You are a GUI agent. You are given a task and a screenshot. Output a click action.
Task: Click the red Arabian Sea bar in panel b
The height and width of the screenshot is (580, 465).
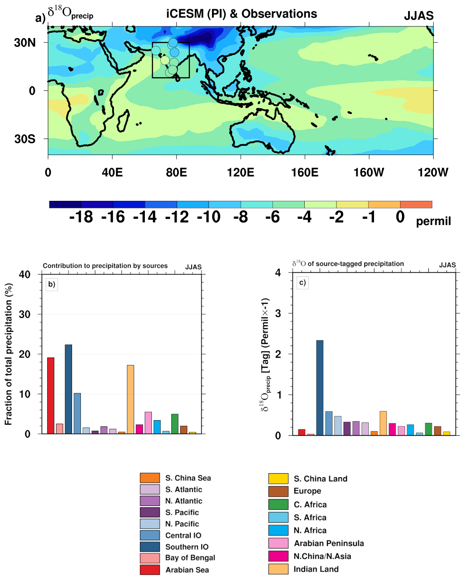point(51,395)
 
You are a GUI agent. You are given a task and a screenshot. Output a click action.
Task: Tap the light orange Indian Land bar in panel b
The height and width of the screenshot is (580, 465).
point(130,399)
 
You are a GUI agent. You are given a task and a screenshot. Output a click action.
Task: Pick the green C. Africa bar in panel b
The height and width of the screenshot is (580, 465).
point(175,424)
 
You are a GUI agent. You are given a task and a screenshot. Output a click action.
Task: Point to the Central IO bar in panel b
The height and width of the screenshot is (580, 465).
point(77,413)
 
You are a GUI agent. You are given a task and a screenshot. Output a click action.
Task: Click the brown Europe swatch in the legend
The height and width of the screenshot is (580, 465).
point(278,491)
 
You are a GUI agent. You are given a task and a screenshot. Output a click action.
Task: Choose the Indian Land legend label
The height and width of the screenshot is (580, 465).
point(316,569)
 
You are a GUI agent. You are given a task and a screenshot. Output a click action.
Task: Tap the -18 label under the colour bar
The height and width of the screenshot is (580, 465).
point(81,217)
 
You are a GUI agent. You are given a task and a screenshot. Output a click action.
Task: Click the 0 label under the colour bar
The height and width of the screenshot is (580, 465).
point(400,217)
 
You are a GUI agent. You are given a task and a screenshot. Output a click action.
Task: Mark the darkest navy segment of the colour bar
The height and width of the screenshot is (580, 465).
point(65,204)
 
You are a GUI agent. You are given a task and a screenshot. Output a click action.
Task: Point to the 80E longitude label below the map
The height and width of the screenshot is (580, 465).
point(176,172)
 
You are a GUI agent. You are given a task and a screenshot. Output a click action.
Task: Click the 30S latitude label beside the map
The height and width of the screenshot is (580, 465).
point(25,139)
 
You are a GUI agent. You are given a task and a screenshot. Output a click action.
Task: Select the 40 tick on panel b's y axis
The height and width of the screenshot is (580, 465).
point(25,275)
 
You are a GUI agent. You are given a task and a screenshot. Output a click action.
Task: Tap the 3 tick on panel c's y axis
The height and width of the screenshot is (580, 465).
point(278,313)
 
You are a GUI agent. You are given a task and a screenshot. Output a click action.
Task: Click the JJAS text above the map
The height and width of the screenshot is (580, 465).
point(419,16)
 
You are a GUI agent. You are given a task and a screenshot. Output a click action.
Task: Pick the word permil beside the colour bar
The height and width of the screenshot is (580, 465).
point(433,221)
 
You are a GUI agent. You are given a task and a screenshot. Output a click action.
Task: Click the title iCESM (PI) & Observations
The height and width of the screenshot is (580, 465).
point(242,14)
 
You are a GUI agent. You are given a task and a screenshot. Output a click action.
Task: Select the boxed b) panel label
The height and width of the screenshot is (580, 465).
point(52,284)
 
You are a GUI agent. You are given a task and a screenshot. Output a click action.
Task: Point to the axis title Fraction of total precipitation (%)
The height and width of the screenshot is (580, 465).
point(8,354)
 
